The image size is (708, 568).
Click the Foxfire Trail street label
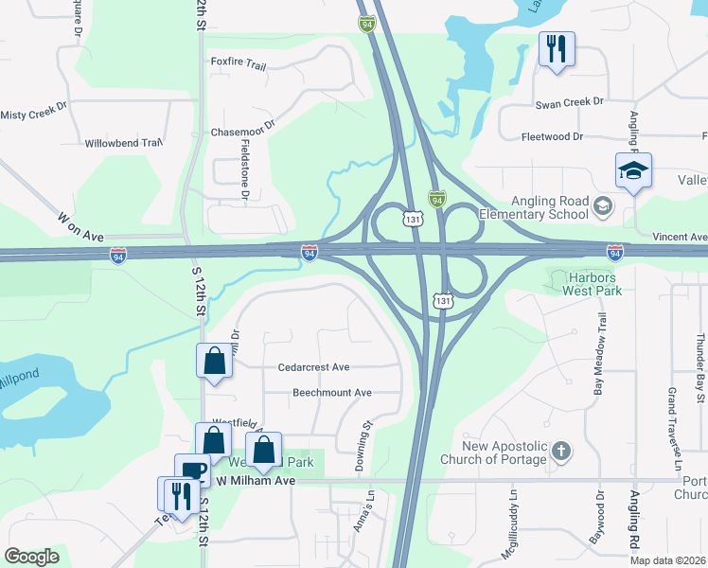[239, 63]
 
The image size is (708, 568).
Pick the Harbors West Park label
[590, 284]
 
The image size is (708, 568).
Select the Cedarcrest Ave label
[314, 366]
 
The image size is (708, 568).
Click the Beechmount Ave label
[331, 392]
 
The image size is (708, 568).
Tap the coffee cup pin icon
[192, 470]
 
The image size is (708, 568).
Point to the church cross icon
[560, 451]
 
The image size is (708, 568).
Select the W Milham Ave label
[256, 481]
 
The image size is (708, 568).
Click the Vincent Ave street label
[680, 237]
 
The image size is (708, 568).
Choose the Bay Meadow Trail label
[598, 341]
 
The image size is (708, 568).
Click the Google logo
[32, 557]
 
